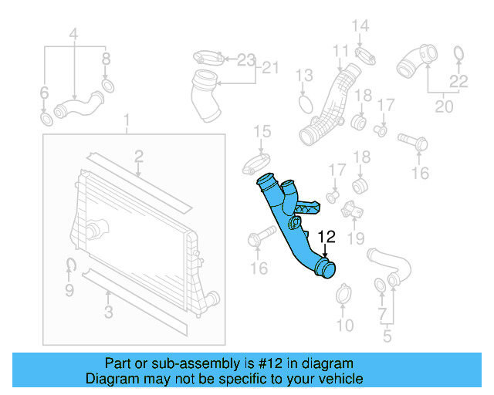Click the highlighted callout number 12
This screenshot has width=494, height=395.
coord(327,238)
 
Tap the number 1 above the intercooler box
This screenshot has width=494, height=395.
coord(128,122)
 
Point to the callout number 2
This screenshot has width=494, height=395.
coord(138,157)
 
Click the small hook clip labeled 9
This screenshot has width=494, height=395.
coord(69,267)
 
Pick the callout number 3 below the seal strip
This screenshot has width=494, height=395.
coord(108,312)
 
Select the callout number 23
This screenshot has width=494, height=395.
coord(245,59)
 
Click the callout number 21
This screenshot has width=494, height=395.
coord(269,68)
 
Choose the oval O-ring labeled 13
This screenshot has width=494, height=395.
coord(305,102)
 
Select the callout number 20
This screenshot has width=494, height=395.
coord(443,106)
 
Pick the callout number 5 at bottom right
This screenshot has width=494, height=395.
coord(387,336)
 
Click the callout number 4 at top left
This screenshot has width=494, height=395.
coord(73,34)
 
